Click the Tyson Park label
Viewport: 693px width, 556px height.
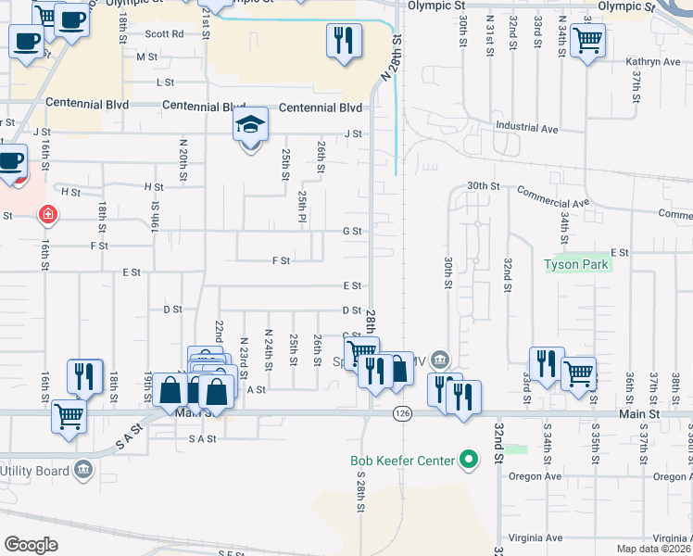coord(575,265)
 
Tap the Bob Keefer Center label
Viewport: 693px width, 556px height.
coord(402,461)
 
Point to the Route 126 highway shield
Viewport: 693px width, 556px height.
coord(401,412)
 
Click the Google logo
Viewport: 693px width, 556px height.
coord(31,545)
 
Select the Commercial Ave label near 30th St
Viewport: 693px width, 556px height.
coord(553,196)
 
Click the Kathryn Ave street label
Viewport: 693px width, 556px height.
coord(653,62)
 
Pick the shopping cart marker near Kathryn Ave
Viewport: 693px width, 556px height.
coord(586,41)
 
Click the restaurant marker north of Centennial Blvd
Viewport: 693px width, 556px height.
coord(343,41)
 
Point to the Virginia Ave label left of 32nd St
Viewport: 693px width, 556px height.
coord(535,538)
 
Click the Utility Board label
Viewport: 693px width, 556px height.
coord(34,470)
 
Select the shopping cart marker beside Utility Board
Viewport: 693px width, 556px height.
coord(69,416)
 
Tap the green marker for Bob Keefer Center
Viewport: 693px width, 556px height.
coord(469,460)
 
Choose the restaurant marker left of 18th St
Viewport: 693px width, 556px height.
coord(84,375)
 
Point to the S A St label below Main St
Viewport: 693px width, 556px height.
coord(201,437)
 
